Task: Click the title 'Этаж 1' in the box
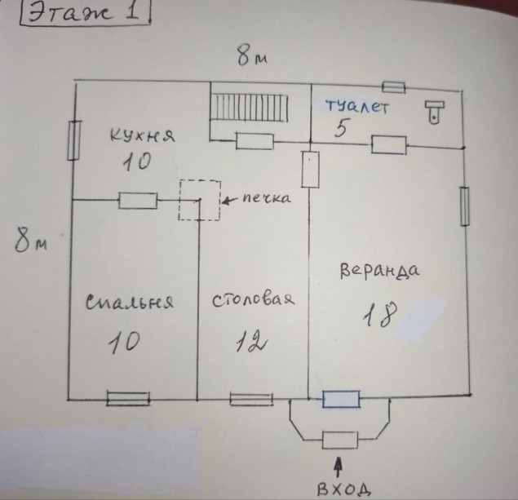pos(84,13)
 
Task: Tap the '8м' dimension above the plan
pos(252,56)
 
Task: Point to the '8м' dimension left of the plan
pos(31,241)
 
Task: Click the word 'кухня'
pos(142,135)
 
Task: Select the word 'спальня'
pos(129,302)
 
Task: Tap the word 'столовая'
pos(253,300)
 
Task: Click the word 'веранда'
pos(379,271)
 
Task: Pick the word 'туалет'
pos(356,106)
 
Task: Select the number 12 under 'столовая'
pos(251,341)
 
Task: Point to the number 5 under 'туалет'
pos(341,128)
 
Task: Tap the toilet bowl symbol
pos(435,113)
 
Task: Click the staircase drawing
pos(250,108)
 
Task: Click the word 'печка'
pos(267,198)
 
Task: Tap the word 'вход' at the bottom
pos(343,489)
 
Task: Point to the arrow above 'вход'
pos(338,467)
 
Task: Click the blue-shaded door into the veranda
pos(341,399)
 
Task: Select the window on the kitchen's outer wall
pos(74,140)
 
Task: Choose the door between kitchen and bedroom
pos(138,201)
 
